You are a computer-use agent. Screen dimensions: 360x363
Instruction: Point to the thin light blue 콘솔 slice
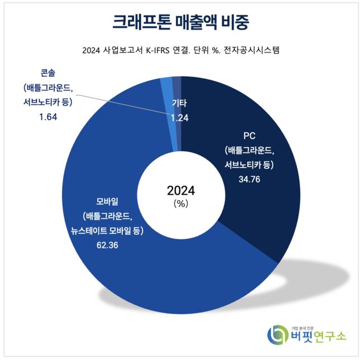click(x=166, y=84)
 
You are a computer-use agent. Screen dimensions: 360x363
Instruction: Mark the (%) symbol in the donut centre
click(x=181, y=204)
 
